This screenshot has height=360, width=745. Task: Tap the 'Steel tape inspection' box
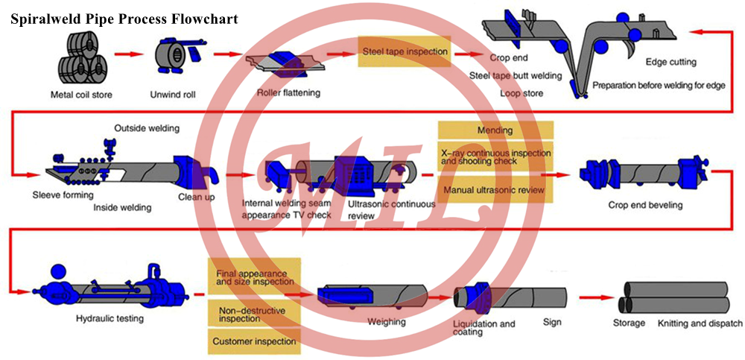tap(405, 52)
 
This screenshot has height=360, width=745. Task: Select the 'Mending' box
tap(495, 131)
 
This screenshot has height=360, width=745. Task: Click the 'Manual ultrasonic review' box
tap(495, 190)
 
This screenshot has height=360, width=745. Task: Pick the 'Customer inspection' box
tap(254, 341)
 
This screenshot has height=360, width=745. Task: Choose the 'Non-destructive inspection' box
tap(254, 313)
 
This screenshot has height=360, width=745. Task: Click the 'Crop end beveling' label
tap(645, 205)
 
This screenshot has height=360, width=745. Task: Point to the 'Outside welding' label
tap(147, 128)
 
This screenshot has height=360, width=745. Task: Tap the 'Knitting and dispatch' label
tap(700, 323)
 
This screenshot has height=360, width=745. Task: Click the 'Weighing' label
tap(387, 322)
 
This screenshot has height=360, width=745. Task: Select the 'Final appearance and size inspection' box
tap(254, 277)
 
